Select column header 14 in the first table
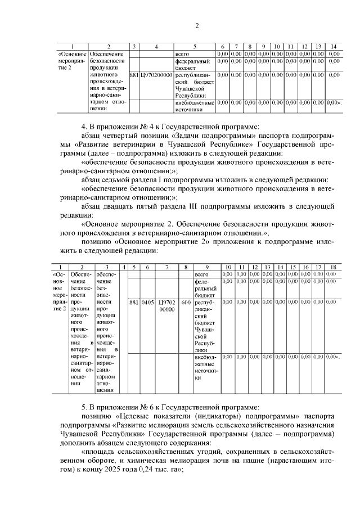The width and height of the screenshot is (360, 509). pyautogui.click(x=334, y=46)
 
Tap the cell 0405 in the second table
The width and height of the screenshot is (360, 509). pyautogui.click(x=148, y=302)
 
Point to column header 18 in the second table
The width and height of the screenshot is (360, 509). pyautogui.click(x=332, y=267)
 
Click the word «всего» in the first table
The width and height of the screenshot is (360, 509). pyautogui.click(x=183, y=53)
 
